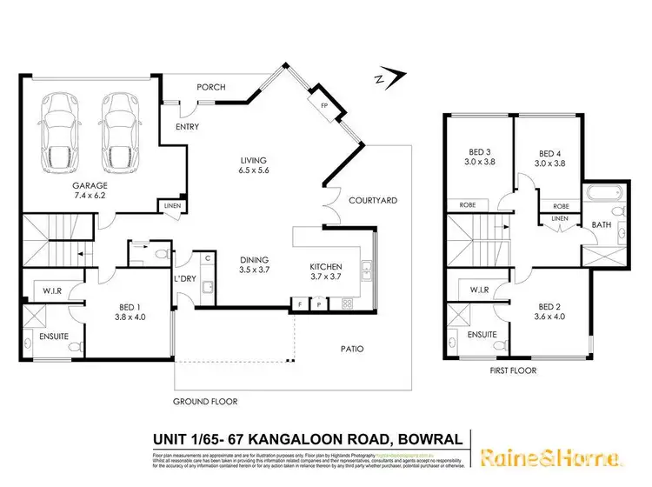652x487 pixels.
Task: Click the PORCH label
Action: (211, 87)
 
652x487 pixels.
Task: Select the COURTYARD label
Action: (373, 200)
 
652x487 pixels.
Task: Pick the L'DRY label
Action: (184, 277)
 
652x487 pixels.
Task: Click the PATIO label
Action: (352, 350)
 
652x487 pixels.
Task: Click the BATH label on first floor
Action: (602, 224)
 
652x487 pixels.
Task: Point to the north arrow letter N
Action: (379, 80)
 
